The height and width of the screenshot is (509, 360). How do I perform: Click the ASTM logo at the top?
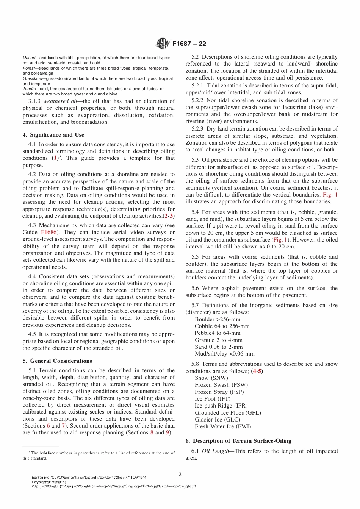click(163, 44)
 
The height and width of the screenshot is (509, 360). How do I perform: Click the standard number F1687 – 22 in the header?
click(189, 44)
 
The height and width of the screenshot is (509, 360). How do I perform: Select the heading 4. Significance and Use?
click(53, 135)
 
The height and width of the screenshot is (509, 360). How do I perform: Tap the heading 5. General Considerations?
click(57, 361)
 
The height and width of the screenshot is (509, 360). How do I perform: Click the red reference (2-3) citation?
click(169, 216)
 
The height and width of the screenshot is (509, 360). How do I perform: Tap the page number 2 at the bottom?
click(180, 474)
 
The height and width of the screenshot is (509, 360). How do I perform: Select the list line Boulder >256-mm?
click(218, 319)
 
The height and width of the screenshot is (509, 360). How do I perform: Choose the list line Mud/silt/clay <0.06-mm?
click(224, 354)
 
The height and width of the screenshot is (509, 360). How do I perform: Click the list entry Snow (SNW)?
click(211, 378)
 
